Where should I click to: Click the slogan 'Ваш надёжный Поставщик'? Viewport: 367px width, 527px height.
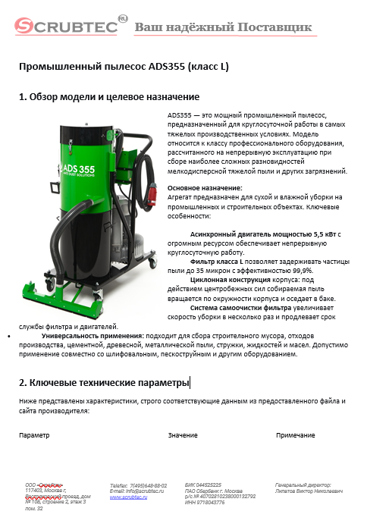tap(223, 28)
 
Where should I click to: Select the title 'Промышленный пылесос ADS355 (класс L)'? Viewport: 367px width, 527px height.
tap(124, 67)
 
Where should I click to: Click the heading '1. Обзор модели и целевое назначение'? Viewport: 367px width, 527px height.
tap(109, 98)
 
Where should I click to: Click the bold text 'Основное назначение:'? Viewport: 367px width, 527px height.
tap(204, 187)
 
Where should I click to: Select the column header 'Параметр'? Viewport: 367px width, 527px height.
tap(35, 435)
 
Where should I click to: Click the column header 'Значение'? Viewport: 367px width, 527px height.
tap(183, 435)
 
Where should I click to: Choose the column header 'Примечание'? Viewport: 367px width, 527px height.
tap(296, 435)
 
